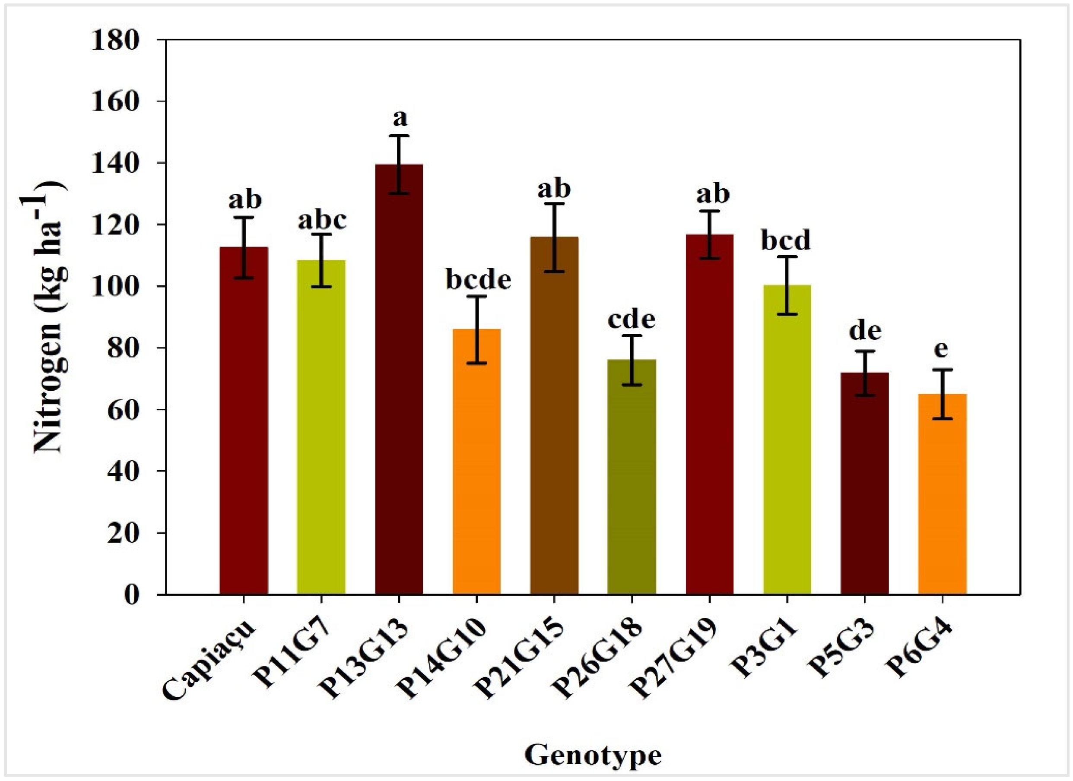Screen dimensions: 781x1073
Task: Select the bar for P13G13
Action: click(x=399, y=378)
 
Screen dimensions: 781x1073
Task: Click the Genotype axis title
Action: click(x=592, y=755)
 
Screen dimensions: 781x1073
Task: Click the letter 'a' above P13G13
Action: click(x=400, y=118)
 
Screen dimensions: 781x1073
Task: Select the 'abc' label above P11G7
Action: click(x=322, y=220)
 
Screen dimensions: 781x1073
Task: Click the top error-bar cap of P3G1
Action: click(x=787, y=256)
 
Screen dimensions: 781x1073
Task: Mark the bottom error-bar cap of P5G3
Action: click(x=864, y=395)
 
